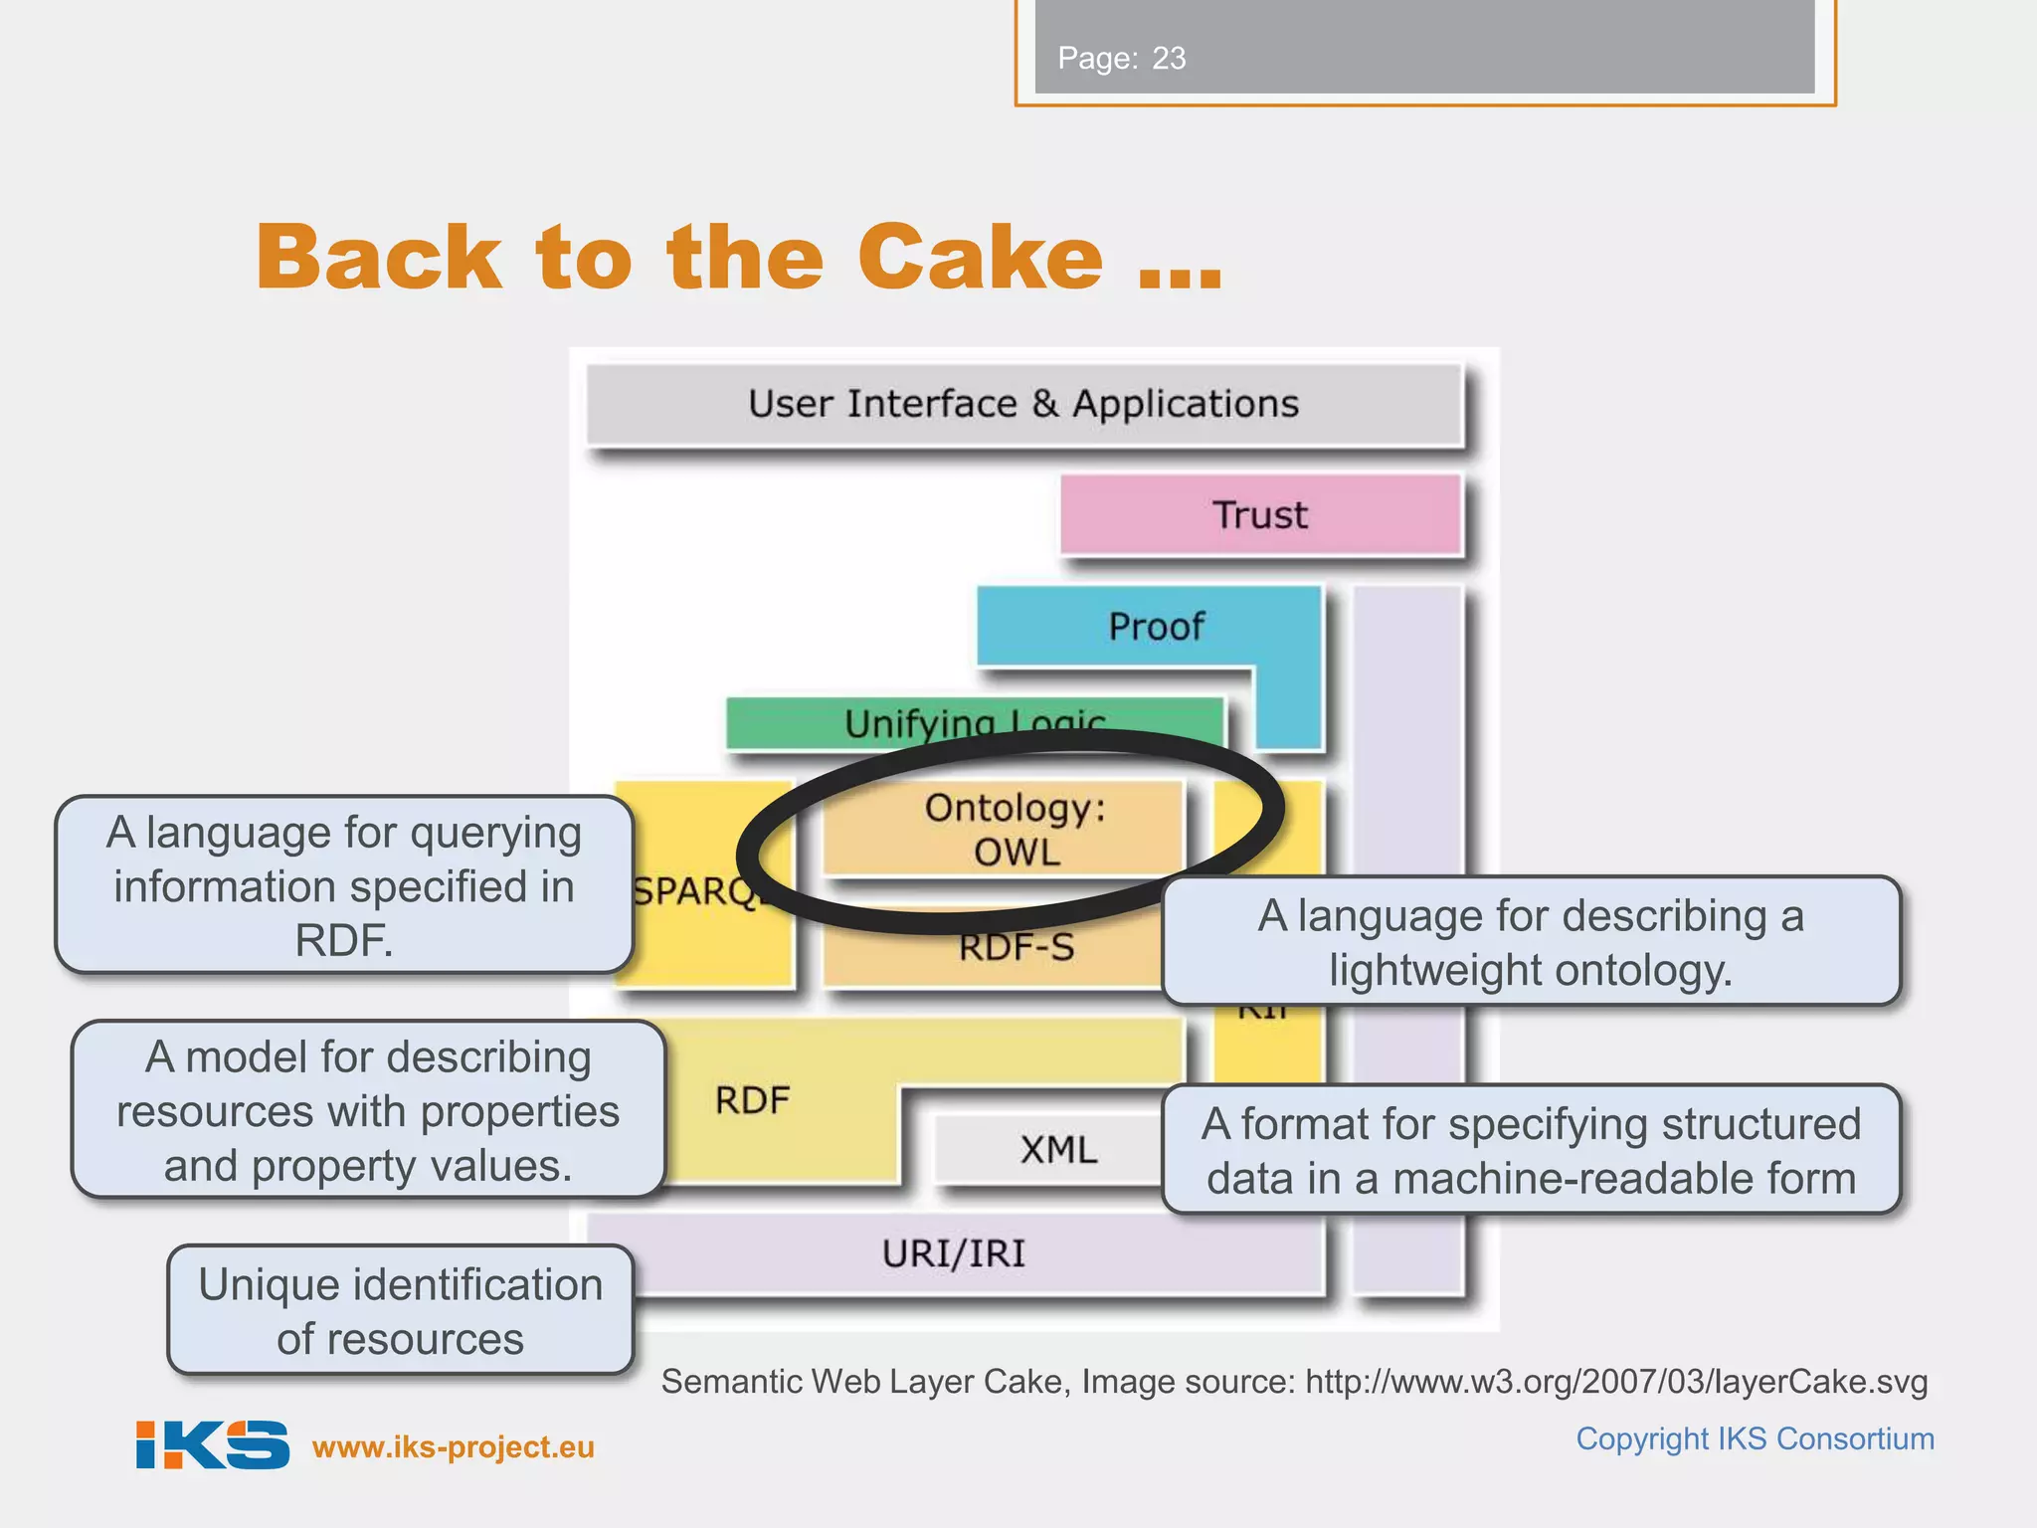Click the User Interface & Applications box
[x=1023, y=404]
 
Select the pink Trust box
[x=1260, y=515]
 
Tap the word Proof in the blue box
[x=1156, y=627]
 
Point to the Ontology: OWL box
[x=1005, y=829]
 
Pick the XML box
[x=1057, y=1150]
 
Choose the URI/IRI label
[x=953, y=1253]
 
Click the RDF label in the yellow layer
[x=752, y=1100]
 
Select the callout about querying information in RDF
[x=344, y=885]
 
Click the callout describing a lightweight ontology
[x=1531, y=941]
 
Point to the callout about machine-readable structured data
[x=1531, y=1150]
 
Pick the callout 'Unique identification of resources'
[x=400, y=1310]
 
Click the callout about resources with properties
[x=368, y=1110]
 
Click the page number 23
[x=1169, y=59]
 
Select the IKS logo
[x=212, y=1444]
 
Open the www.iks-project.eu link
[x=454, y=1446]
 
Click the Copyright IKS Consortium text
[x=1755, y=1438]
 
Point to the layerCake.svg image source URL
[x=1615, y=1382]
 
